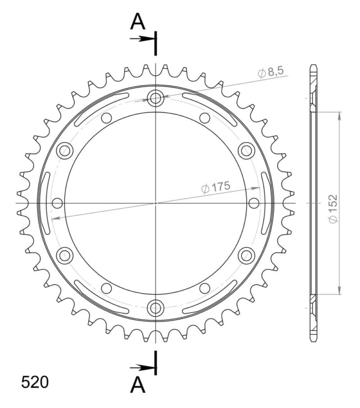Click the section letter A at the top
pyautogui.click(x=138, y=22)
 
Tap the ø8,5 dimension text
pyautogui.click(x=270, y=72)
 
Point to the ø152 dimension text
pyautogui.click(x=333, y=209)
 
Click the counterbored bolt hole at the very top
pyautogui.click(x=156, y=98)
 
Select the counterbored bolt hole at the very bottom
pyautogui.click(x=156, y=308)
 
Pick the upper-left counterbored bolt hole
pyautogui.click(x=65, y=150)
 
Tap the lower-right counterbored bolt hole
pyautogui.click(x=247, y=255)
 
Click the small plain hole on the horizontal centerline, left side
pyautogui.click(x=57, y=203)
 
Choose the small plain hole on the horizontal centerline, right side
pyautogui.click(x=254, y=203)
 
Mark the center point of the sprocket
pyautogui.click(x=156, y=203)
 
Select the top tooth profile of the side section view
pyautogui.click(x=314, y=72)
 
